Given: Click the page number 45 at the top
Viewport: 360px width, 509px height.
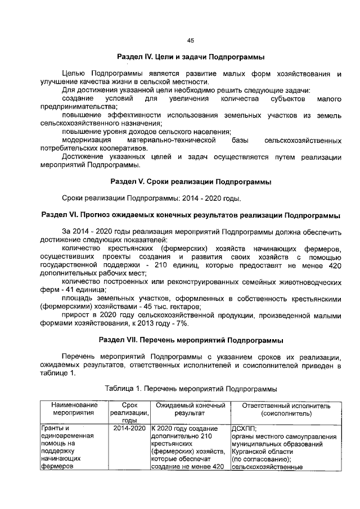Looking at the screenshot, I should click(x=190, y=40).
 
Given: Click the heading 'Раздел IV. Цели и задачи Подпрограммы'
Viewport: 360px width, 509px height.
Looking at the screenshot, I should click(x=190, y=58).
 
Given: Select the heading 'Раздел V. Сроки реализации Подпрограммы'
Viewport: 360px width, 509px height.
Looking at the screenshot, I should click(x=190, y=182).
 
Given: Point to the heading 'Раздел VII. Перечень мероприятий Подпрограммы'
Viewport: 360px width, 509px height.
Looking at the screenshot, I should click(x=190, y=340).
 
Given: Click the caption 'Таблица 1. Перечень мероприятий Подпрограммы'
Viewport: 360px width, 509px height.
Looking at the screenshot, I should click(x=190, y=389).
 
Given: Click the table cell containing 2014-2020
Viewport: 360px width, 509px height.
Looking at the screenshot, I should click(x=129, y=429).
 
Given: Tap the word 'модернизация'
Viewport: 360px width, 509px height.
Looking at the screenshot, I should click(x=83, y=139).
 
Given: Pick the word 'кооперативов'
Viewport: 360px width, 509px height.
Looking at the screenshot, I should click(x=120, y=148).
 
